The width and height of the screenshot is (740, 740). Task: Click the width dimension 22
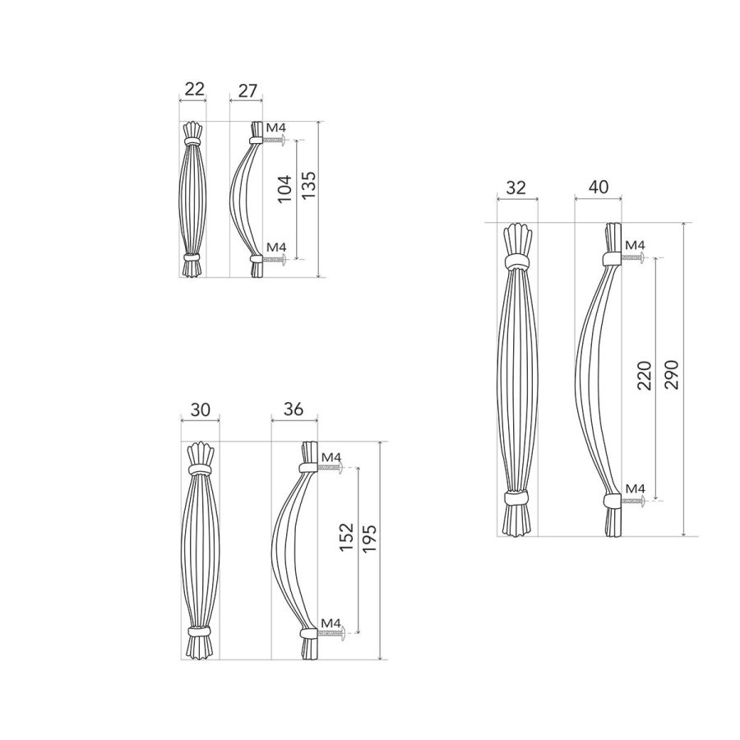coord(194,89)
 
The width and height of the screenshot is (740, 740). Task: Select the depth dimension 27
coord(247,90)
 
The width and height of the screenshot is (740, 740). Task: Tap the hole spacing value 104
coord(284,189)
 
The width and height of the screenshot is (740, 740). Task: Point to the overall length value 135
coord(308,184)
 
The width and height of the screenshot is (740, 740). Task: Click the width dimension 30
coord(200,410)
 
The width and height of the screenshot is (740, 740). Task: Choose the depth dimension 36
coord(294,409)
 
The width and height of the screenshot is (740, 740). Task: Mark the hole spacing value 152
coord(346,537)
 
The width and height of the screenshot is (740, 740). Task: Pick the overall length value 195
coord(369,539)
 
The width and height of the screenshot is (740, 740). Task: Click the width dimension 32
coord(516,187)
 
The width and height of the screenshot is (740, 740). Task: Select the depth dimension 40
coord(599,187)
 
